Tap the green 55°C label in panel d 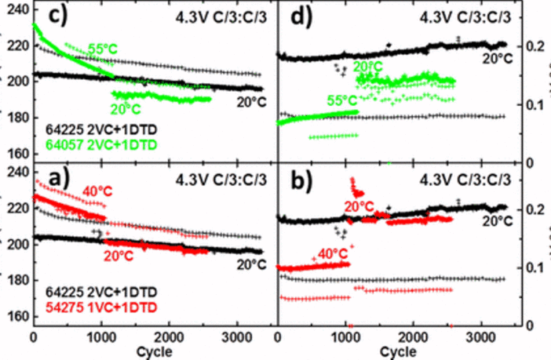coord(341,100)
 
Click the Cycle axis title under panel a coord(149,352)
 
